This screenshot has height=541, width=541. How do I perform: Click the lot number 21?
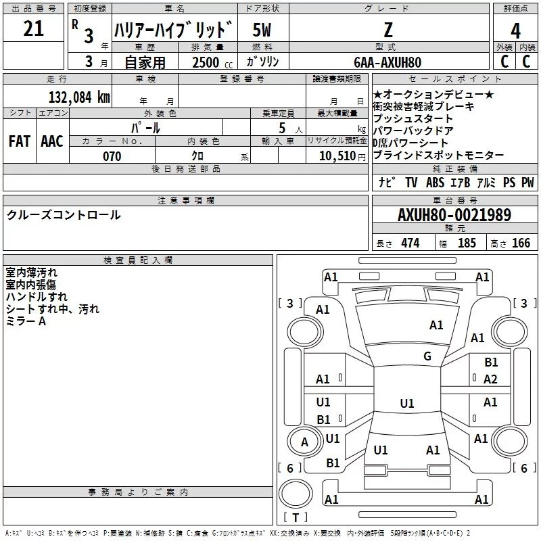click(x=33, y=29)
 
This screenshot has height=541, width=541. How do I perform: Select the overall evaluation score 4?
click(x=516, y=30)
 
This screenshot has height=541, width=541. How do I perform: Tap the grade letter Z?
click(x=387, y=30)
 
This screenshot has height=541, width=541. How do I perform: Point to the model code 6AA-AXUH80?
click(x=387, y=62)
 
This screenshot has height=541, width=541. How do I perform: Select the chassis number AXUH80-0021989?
click(x=454, y=215)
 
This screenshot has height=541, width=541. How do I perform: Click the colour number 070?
click(x=112, y=156)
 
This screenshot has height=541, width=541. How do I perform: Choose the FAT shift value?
click(x=19, y=141)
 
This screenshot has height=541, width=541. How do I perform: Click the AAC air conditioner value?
click(x=51, y=141)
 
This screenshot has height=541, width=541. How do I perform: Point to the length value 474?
click(x=410, y=243)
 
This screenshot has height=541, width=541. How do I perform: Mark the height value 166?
click(x=521, y=243)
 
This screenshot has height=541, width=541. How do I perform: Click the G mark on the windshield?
click(x=427, y=356)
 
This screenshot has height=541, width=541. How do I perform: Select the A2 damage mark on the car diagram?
click(x=491, y=379)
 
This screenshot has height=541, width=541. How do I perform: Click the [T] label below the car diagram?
click(x=295, y=518)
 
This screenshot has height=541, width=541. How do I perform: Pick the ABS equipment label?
click(x=435, y=183)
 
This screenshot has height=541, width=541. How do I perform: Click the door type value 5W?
click(x=262, y=30)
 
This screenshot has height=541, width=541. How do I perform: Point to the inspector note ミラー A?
click(x=26, y=321)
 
